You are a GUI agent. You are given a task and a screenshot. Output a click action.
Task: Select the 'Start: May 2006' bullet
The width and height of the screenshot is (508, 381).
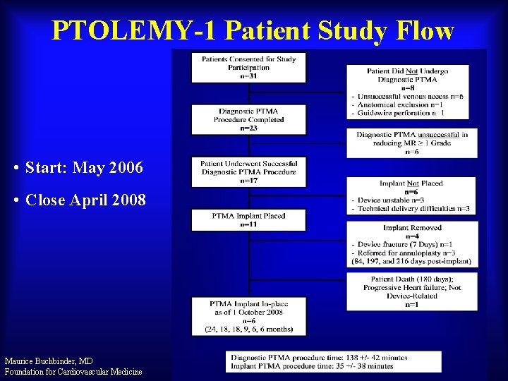(83, 168)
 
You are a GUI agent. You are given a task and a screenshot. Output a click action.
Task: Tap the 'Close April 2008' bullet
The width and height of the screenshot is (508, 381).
(85, 200)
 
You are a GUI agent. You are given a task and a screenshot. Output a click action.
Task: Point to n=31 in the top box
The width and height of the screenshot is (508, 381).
(248, 75)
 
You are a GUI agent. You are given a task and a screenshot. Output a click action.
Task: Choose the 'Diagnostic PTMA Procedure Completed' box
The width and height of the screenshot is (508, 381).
(248, 119)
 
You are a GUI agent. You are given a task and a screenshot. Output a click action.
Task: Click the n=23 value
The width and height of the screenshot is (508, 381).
(248, 128)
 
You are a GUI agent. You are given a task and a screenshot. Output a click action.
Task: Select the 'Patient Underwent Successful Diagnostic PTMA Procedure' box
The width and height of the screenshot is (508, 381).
(248, 171)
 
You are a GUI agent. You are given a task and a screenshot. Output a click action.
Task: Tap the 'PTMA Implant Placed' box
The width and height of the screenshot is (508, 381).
(248, 219)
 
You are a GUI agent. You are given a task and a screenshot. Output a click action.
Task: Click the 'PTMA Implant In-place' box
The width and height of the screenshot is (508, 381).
(248, 316)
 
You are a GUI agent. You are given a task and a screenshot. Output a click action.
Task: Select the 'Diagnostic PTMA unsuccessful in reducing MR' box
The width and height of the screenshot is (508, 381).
(411, 143)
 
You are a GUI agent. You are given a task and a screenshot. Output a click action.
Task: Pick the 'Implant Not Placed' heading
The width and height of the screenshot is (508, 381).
(411, 183)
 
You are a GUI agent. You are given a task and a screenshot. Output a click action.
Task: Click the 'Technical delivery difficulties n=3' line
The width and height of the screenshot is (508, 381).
(413, 209)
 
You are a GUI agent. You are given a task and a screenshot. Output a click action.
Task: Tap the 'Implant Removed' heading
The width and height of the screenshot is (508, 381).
(411, 228)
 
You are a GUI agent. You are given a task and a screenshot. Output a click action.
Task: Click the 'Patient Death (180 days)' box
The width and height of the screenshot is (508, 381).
(411, 291)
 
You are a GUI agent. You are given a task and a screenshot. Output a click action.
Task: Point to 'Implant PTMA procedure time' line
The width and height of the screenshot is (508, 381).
(313, 366)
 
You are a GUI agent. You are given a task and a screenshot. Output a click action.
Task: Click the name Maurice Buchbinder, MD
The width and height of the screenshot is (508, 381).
(49, 361)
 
